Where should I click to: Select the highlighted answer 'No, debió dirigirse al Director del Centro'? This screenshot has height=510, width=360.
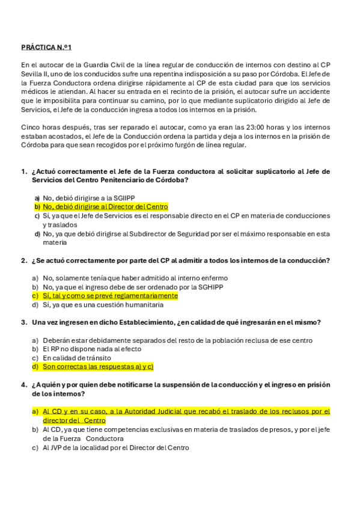pyautogui.click(x=105, y=206)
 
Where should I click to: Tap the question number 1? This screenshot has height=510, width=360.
pyautogui.click(x=23, y=171)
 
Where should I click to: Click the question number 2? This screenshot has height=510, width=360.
pyautogui.click(x=23, y=260)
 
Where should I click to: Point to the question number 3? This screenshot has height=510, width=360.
pyautogui.click(x=23, y=322)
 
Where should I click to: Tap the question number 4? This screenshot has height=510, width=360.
pyautogui.click(x=23, y=384)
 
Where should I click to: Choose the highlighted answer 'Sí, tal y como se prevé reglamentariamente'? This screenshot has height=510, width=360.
pyautogui.click(x=110, y=295)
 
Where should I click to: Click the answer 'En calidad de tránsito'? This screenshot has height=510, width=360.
pyautogui.click(x=76, y=358)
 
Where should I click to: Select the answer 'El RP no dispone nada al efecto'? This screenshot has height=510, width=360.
pyautogui.click(x=92, y=349)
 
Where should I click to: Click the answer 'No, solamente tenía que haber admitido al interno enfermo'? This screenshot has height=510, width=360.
pyautogui.click(x=135, y=278)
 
